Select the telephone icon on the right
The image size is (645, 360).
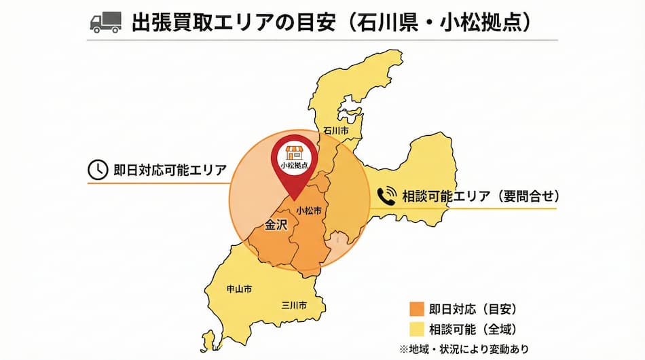[386, 196]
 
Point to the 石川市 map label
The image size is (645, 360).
[336, 130]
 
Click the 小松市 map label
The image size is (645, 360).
[309, 211]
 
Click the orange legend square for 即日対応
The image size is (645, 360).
[417, 310]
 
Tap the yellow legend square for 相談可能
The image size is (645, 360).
[417, 329]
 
